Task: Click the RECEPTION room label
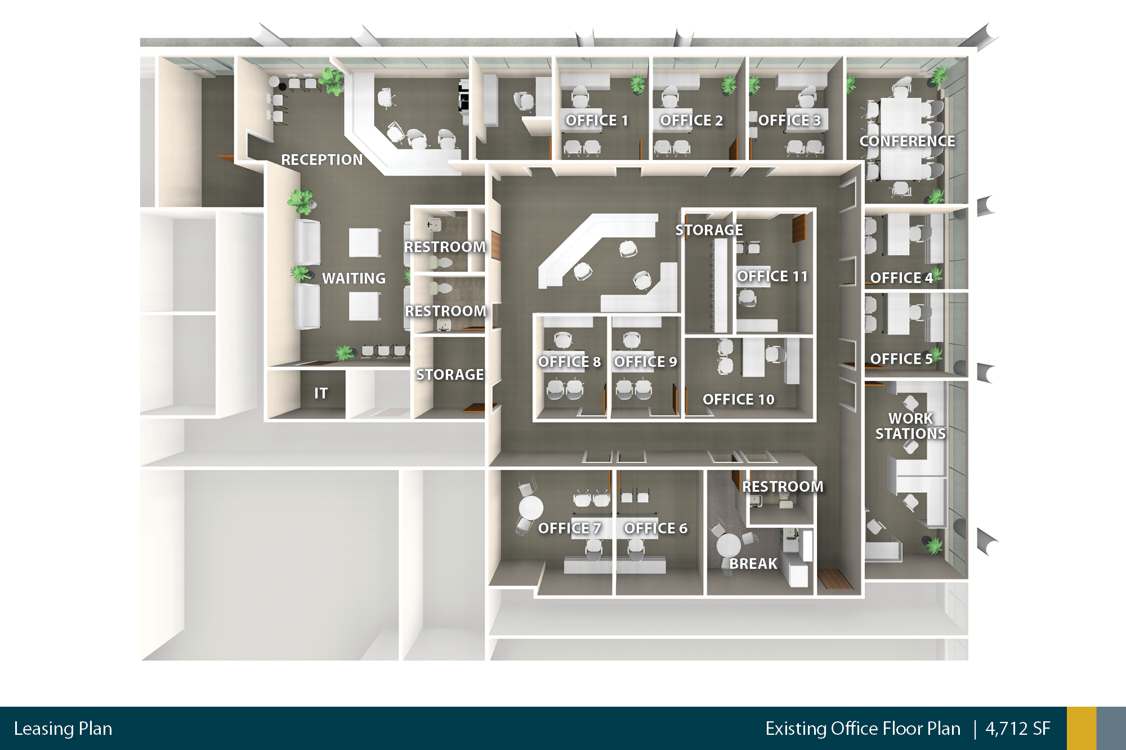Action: point(322,160)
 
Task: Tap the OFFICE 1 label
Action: point(597,120)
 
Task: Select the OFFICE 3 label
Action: point(789,120)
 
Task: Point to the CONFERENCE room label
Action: point(907,141)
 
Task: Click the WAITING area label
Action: point(354,279)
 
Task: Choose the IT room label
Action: point(321,393)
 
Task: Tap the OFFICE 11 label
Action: point(772,276)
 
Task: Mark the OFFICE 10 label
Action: point(739,399)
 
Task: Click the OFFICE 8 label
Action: point(569,362)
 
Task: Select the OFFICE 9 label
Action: point(645,362)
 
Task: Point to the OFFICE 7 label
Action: point(569,528)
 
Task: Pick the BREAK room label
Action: point(753,564)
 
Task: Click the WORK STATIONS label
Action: point(910,426)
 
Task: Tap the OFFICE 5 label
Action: point(901,359)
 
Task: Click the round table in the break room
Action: point(729,545)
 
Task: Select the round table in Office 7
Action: point(531,508)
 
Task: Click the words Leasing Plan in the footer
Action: point(63,729)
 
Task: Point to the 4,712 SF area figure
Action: point(1018,729)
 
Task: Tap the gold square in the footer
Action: point(1082,728)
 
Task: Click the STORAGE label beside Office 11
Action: point(709,230)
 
